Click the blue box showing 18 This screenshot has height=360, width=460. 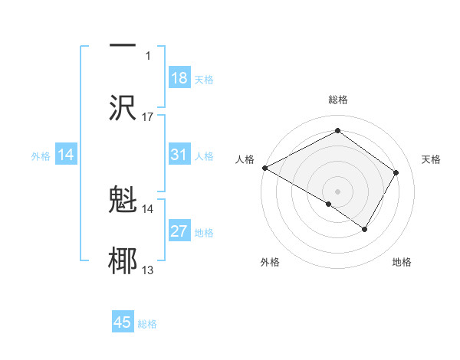click(179, 78)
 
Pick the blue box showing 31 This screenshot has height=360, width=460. click(179, 155)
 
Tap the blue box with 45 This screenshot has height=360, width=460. click(123, 322)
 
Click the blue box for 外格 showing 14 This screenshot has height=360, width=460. click(66, 155)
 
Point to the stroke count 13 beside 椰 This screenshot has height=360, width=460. click(148, 270)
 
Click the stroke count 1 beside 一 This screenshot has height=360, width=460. click(148, 56)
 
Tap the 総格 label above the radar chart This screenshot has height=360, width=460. click(337, 100)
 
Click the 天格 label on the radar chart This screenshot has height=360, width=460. click(431, 159)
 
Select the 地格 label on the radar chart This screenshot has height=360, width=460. click(402, 262)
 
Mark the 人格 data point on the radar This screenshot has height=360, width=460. click(264, 168)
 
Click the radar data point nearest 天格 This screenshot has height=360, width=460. click(396, 172)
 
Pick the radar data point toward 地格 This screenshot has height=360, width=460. click(365, 229)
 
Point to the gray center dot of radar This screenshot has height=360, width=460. click(337, 191)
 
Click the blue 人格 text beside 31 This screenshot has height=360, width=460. click(204, 156)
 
